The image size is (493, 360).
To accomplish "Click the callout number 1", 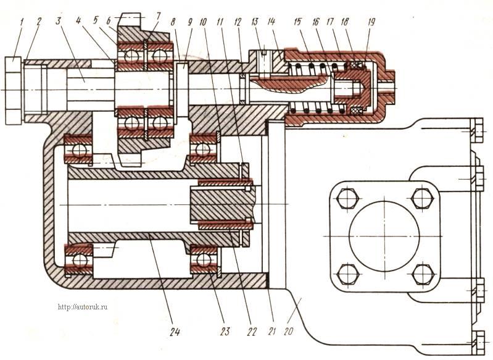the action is [22, 22].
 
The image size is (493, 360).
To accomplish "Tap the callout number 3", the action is [58, 22].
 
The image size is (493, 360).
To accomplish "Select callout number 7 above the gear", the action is [158, 16].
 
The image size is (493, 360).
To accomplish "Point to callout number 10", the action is [203, 22].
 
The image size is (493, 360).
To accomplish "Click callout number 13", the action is [255, 22].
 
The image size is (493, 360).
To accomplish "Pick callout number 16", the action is [316, 22].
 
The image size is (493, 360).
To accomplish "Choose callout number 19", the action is [371, 22].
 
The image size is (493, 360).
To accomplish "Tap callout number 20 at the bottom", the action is [289, 331].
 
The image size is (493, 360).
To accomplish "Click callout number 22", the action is [252, 331].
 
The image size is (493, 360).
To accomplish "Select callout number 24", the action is [175, 332].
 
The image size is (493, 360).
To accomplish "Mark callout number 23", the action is [225, 331].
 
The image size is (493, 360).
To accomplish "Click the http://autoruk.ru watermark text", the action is [83, 307].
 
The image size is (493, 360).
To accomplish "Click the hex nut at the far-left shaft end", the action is [13, 91].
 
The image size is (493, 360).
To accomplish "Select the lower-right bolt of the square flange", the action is [421, 274].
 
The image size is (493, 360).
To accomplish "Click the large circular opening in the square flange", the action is [384, 236].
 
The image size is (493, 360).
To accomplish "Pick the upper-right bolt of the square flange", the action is [421, 199].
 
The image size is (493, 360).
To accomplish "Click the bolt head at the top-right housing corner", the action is [477, 130].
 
